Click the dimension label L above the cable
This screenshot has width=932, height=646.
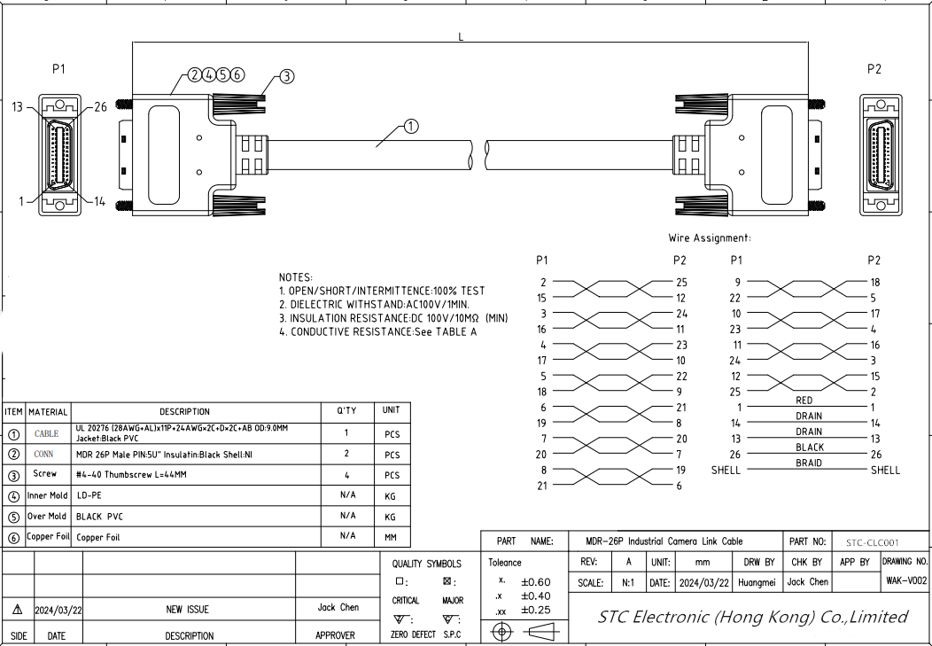[461, 37]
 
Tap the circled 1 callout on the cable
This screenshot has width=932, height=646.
[411, 126]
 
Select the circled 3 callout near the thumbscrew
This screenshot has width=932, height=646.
[286, 76]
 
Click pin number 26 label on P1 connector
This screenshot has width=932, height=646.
[100, 107]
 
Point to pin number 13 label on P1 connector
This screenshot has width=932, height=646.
[17, 107]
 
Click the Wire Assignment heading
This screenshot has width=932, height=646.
[710, 237]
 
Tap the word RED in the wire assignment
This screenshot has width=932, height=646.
[804, 401]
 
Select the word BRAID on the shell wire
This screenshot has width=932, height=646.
[809, 463]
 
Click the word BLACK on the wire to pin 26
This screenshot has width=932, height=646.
[810, 448]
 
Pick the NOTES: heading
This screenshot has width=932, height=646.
[295, 277]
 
